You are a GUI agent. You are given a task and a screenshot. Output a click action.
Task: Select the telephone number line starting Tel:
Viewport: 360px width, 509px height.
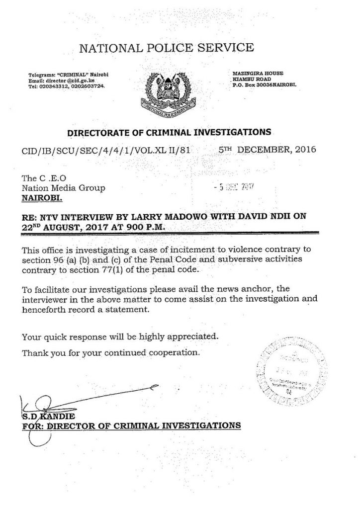[68, 85]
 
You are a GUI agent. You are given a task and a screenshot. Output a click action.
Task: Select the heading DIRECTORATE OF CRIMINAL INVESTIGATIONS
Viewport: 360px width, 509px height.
[170, 133]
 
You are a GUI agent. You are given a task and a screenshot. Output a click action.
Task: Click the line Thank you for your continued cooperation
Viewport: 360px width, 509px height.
[111, 353]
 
